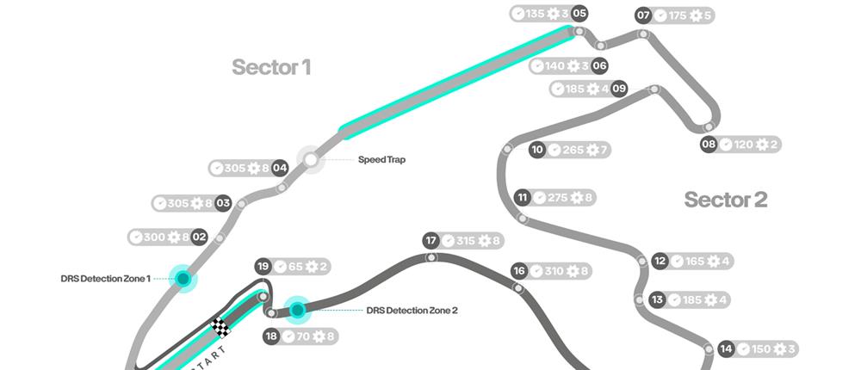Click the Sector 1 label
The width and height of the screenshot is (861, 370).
coord(270,67)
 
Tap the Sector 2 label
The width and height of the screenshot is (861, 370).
coord(725,200)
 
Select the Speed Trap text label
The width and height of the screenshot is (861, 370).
coord(381,160)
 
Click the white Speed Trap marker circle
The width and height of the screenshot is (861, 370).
coord(310,159)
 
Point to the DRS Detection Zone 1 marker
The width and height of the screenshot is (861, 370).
coord(183,278)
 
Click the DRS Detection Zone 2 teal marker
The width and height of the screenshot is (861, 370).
coord(298,310)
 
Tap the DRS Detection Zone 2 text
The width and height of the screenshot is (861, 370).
coord(412,311)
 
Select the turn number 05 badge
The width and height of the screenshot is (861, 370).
coord(579,14)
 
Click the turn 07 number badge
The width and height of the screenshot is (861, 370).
coord(643,15)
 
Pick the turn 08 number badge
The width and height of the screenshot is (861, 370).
coord(709,145)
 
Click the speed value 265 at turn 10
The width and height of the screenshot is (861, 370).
coord(573,150)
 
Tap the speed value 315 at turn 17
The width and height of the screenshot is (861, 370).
coord(466,241)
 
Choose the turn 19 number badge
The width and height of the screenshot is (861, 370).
coord(264,267)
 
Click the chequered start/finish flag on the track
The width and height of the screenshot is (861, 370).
coord(221,325)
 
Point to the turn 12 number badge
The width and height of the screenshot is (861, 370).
coord(660,261)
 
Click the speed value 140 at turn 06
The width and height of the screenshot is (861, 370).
coord(554,65)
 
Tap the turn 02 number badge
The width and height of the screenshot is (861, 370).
coord(199,237)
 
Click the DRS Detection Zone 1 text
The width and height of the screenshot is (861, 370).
coord(106,279)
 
